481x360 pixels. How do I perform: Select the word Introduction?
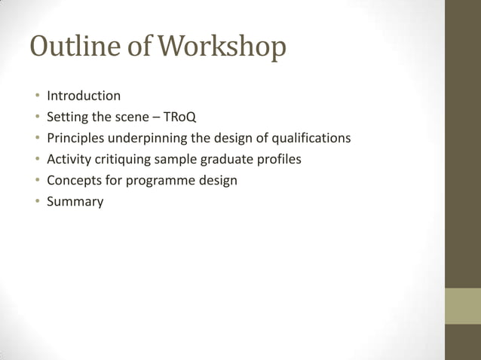click(x=84, y=96)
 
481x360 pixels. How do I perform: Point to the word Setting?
click(x=68, y=117)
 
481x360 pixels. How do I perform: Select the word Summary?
click(x=75, y=202)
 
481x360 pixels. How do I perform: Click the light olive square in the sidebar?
click(x=462, y=306)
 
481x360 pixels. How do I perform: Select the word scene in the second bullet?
click(x=129, y=117)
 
